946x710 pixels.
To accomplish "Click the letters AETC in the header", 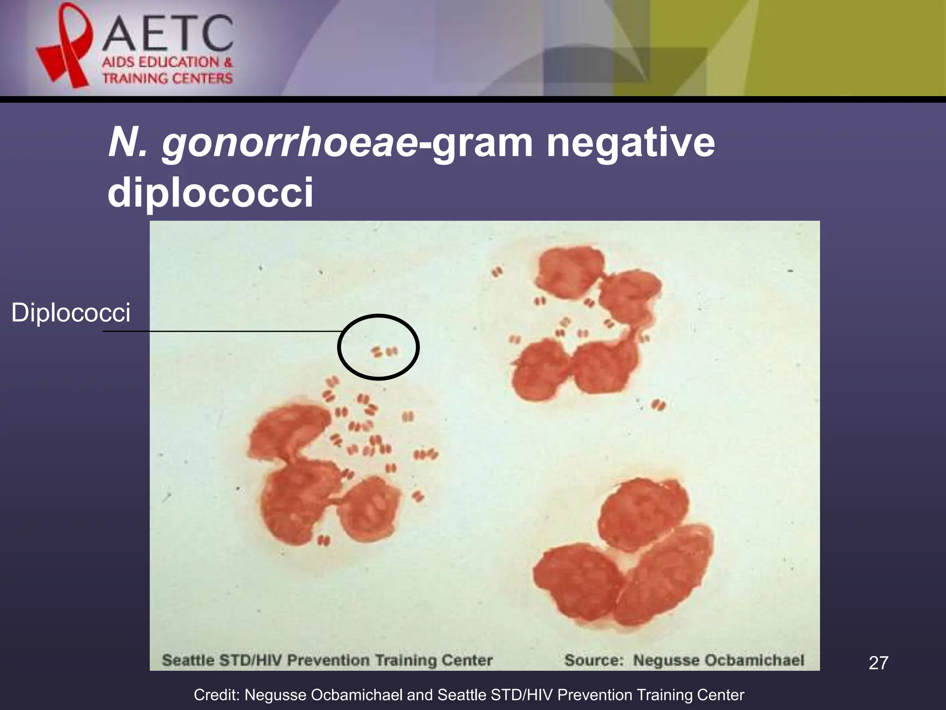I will pos(167,33).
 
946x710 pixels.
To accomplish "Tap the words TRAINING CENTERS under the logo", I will pos(167,78).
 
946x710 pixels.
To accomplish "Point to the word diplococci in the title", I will pos(210,192).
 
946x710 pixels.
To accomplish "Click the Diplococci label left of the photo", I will pos(71,313).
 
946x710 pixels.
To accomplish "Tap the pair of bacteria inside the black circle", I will pos(384,352).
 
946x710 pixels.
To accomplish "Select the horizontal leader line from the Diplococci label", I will pos(222,331).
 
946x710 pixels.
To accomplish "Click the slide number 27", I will pos(878,663).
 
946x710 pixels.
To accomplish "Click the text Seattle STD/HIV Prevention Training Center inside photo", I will pos(327,660).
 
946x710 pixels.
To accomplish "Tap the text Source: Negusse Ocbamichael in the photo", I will pos(684,660).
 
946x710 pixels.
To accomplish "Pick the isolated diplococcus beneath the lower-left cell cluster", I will pos(324,540).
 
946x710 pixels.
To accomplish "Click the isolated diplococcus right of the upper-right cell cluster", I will pos(658,405).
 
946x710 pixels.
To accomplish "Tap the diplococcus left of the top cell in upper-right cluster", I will pos(497,272).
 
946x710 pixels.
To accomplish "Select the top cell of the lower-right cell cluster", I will pos(643,515).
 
